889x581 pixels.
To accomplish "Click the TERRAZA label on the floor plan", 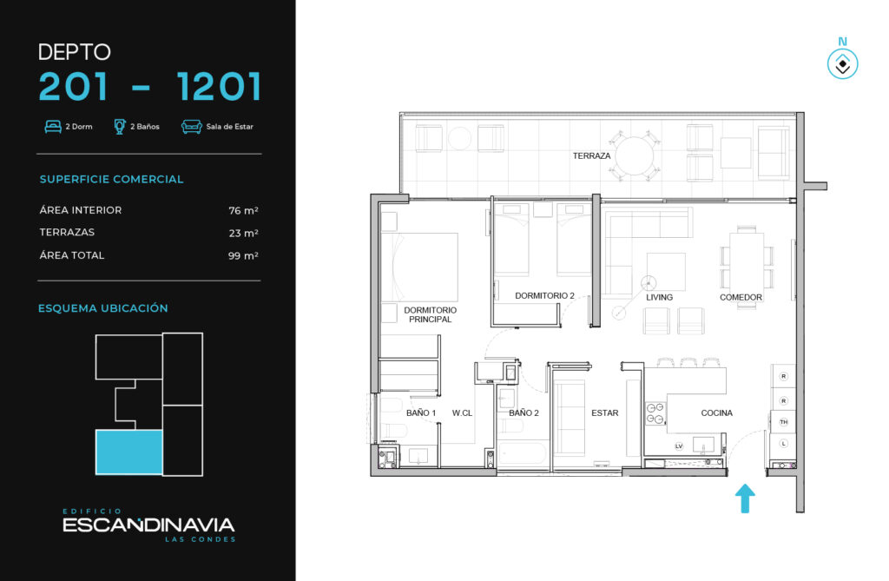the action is tap(591, 155).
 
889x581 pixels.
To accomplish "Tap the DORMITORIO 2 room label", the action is tap(544, 295).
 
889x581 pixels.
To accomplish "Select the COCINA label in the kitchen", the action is tap(716, 413).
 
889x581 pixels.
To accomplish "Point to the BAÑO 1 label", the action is tap(421, 413).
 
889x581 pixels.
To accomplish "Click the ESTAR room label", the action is tap(605, 413).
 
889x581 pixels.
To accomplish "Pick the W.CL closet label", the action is tap(462, 413).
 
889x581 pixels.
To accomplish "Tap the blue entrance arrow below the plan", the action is tap(745, 498).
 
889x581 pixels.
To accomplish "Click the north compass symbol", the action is tap(842, 63).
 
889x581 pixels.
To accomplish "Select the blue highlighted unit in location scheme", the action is tap(129, 452).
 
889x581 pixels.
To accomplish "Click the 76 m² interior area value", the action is tap(243, 210).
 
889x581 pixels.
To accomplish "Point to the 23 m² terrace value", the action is tap(243, 234).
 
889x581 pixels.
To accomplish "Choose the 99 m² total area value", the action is tap(243, 256).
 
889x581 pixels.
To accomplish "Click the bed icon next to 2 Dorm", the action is tap(53, 127).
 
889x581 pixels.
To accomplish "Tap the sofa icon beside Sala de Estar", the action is tap(192, 127).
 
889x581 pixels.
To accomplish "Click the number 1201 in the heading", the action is tap(219, 86).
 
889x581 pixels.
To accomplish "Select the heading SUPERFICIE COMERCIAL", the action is tap(112, 179).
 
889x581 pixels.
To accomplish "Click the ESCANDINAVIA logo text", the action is tap(148, 525).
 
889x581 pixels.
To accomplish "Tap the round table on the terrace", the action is tap(635, 156).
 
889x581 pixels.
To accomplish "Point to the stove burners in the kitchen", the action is tap(656, 413).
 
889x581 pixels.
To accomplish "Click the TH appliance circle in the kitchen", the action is tap(784, 421).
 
